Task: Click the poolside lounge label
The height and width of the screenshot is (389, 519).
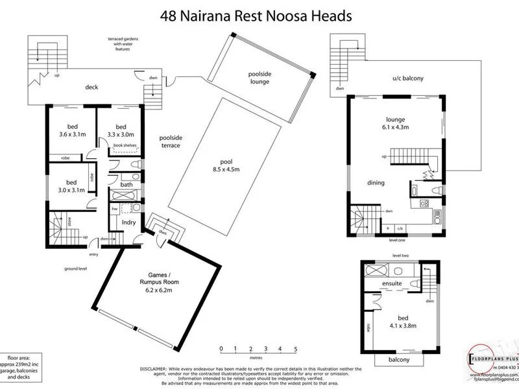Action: (x=259, y=78)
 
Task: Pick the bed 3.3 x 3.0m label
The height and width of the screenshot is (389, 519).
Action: (x=120, y=131)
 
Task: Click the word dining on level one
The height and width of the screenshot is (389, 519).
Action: (x=376, y=183)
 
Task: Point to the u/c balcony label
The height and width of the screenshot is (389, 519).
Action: (x=407, y=78)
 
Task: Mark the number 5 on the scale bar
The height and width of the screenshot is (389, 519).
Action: (x=295, y=349)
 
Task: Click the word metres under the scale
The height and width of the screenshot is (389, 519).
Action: (x=258, y=357)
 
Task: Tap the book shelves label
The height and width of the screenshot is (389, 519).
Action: (x=125, y=145)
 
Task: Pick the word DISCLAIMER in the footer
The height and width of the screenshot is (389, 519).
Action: (x=156, y=366)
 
